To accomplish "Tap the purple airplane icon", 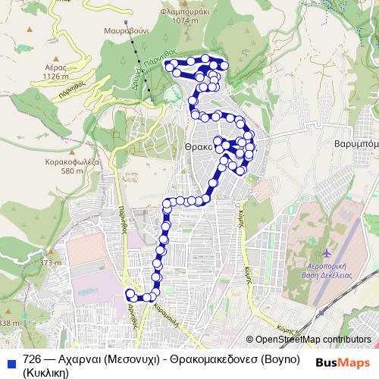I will [x=326, y=252].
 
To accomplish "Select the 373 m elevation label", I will [x=51, y=263].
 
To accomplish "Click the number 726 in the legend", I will [x=32, y=359].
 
